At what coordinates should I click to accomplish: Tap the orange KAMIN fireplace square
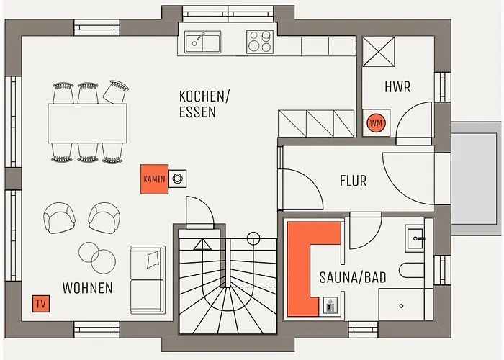(154, 178)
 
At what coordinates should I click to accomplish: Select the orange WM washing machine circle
(376, 123)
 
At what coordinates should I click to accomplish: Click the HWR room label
(397, 87)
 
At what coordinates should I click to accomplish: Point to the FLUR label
(353, 181)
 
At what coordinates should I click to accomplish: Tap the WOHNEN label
(87, 288)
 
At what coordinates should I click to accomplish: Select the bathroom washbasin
(418, 237)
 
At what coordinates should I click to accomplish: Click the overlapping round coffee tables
(96, 255)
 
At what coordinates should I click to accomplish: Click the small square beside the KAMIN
(177, 178)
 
